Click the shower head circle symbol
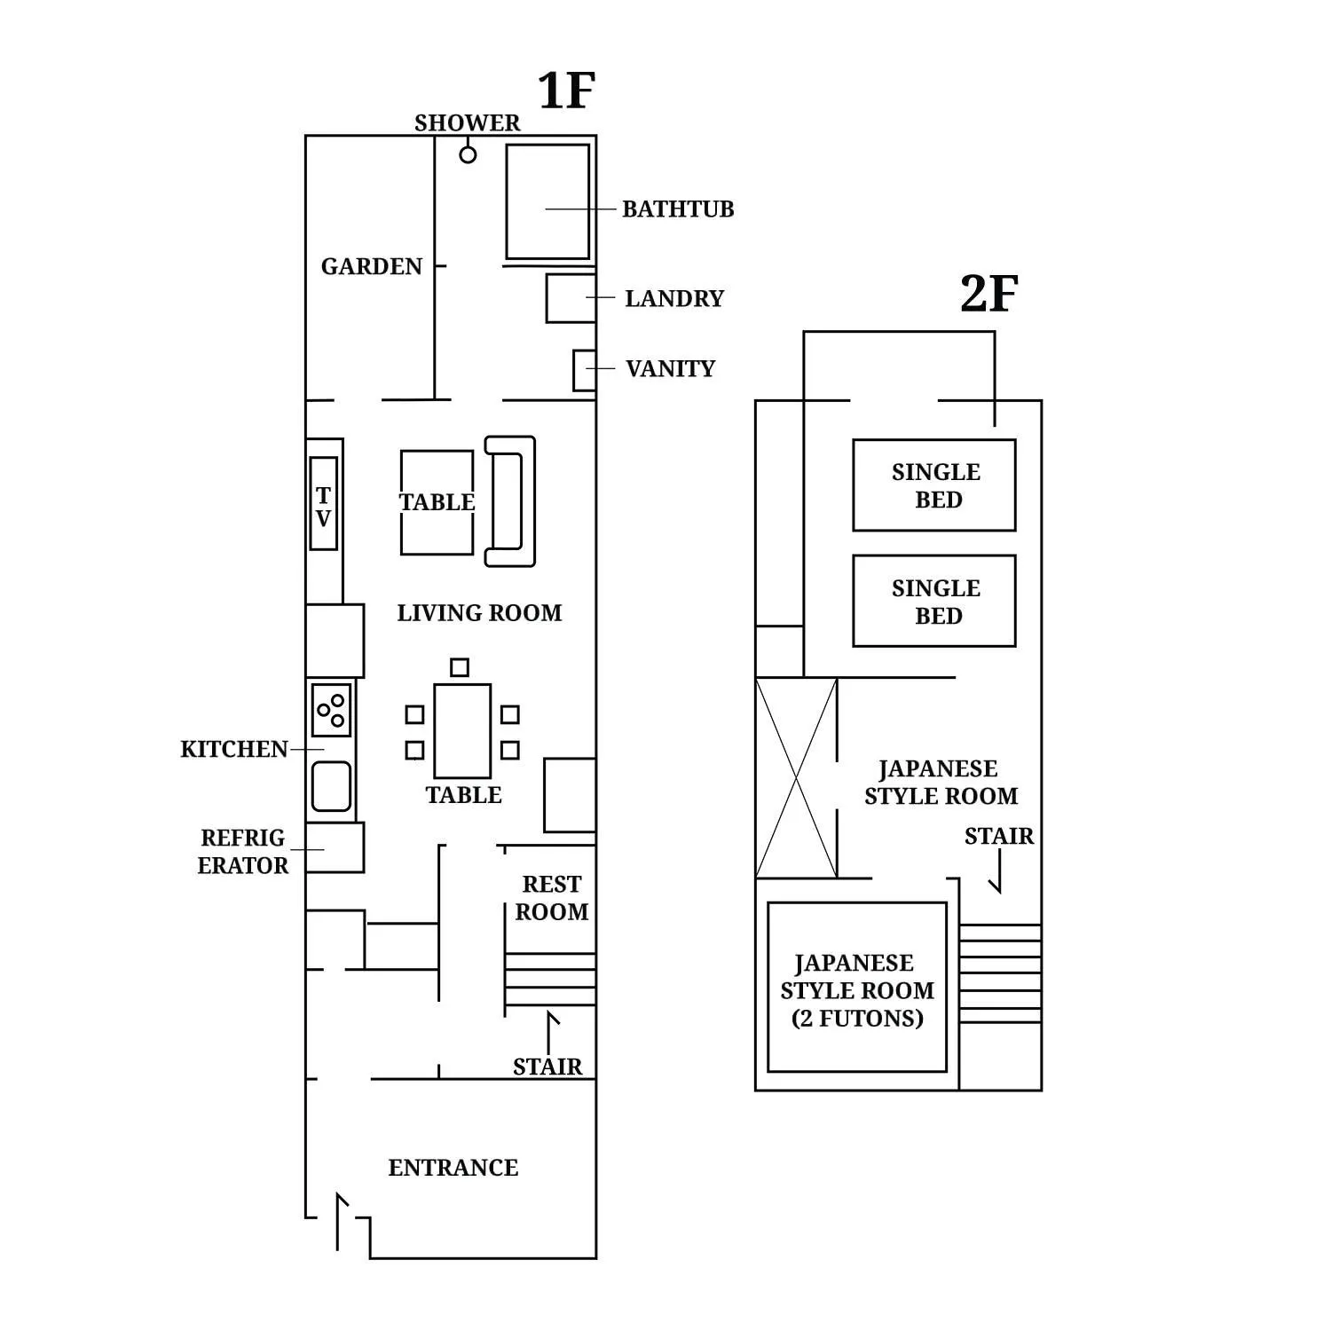[x=468, y=154]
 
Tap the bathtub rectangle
[x=547, y=202]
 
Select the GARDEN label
[x=371, y=266]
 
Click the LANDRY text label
[x=674, y=298]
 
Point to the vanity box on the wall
[x=584, y=370]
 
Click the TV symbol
[x=324, y=504]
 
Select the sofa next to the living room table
[x=510, y=501]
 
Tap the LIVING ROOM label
[x=479, y=613]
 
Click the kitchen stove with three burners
[x=332, y=710]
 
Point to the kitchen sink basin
[x=331, y=787]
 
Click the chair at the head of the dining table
[x=459, y=667]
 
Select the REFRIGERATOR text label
[x=242, y=852]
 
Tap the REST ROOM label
[x=552, y=898]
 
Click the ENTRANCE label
[x=453, y=1168]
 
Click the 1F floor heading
[x=565, y=91]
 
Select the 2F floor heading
[x=988, y=294]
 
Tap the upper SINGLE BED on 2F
[x=934, y=485]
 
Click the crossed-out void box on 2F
[x=796, y=778]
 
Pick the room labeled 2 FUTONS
[x=857, y=988]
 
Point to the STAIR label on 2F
[x=999, y=836]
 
